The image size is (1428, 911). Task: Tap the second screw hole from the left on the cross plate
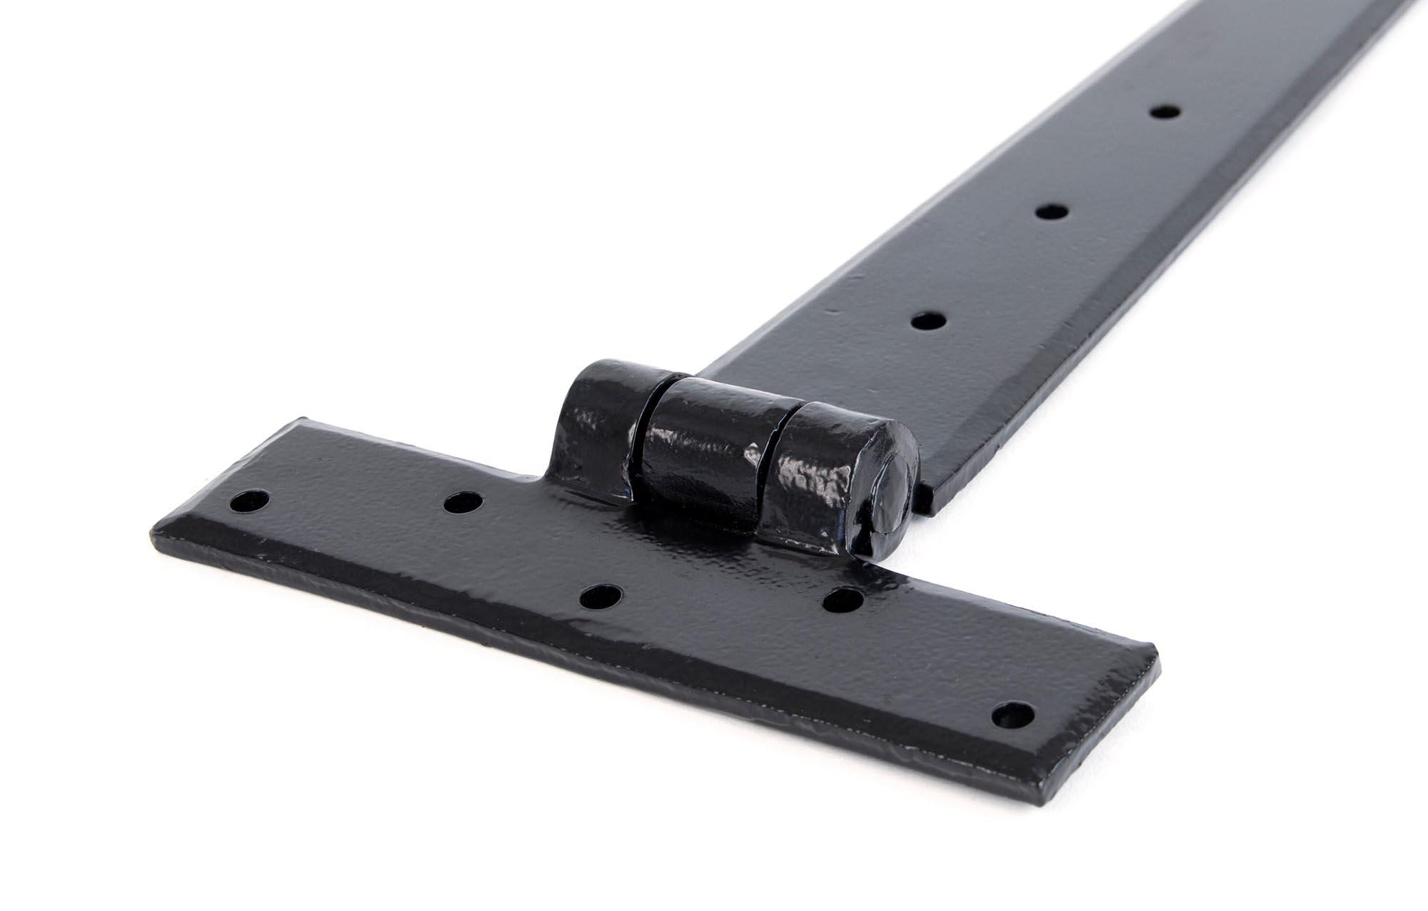(x=462, y=503)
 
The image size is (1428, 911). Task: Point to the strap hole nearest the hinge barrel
(x=927, y=321)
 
